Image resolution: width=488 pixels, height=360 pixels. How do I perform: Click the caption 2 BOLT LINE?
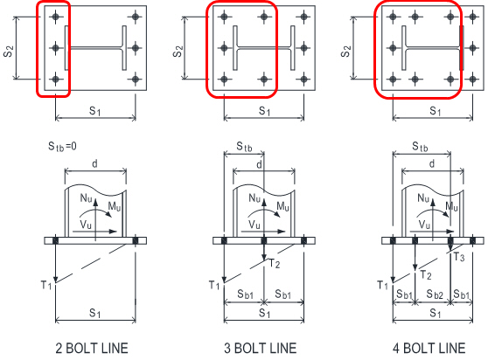click(92, 348)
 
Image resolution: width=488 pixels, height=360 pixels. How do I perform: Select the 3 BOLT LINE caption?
click(261, 348)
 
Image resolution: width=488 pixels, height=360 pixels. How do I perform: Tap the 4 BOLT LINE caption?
click(429, 348)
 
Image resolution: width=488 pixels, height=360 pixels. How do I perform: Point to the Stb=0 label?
click(62, 146)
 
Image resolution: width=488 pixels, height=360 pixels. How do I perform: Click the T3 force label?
click(459, 257)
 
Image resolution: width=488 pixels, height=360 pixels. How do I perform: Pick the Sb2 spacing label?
click(435, 294)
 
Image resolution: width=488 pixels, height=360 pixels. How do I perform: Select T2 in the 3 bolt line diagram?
click(275, 264)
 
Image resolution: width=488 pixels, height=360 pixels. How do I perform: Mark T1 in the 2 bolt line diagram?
click(46, 285)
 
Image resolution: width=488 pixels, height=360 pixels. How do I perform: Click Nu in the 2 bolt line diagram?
click(86, 198)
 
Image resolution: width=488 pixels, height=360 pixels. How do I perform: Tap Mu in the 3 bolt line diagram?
click(282, 206)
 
